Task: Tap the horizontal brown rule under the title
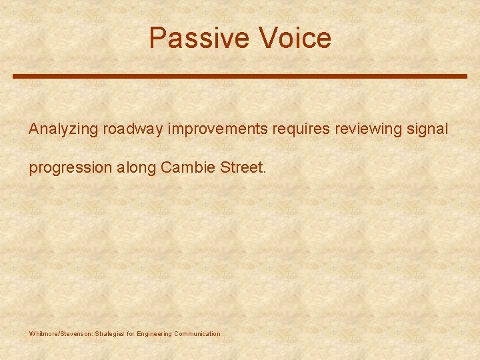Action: coord(240,77)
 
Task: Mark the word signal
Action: coord(427,129)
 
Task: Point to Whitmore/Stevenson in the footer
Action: coord(61,333)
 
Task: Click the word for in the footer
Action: coord(131,333)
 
